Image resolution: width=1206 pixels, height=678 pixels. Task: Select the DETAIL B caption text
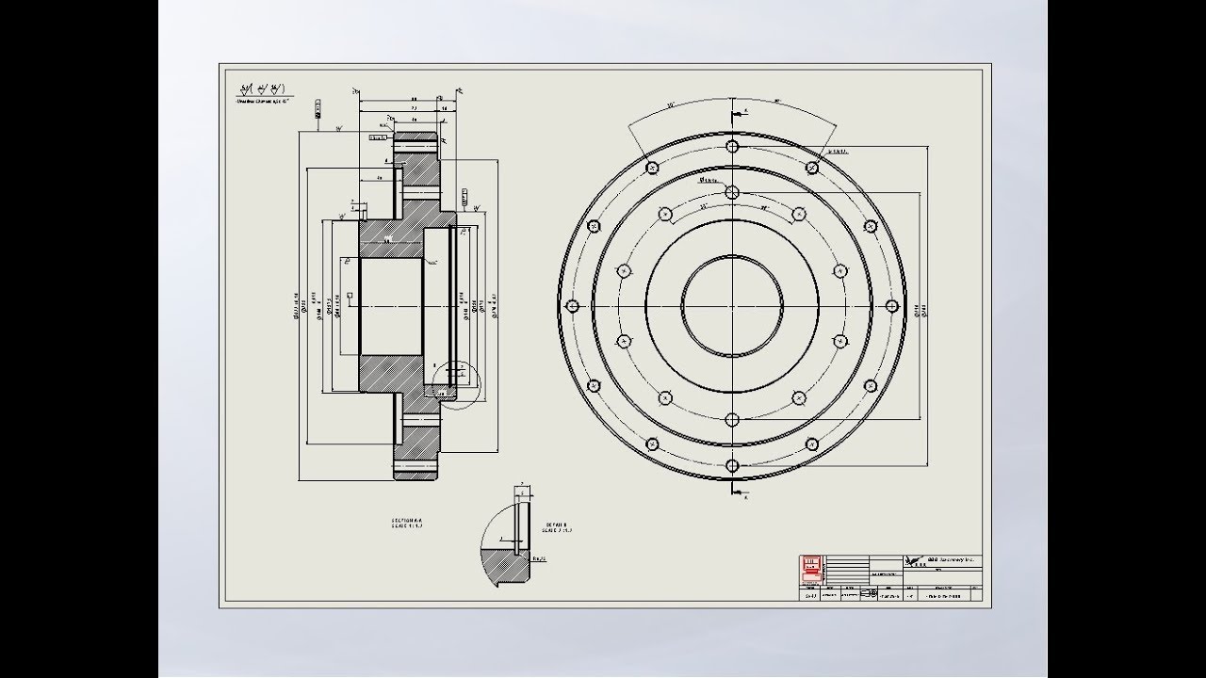(x=557, y=527)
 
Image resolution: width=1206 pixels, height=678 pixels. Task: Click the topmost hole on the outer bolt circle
(x=732, y=146)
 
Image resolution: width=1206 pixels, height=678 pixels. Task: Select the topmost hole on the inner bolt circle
(x=732, y=191)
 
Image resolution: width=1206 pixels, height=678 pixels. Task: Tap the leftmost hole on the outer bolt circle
(x=571, y=306)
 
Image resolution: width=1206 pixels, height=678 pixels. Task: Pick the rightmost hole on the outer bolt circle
(x=892, y=306)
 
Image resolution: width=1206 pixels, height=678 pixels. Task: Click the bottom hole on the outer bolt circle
(x=732, y=465)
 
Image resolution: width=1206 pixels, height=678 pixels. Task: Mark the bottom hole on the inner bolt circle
(x=732, y=420)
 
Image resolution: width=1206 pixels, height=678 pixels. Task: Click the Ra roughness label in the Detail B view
(x=540, y=557)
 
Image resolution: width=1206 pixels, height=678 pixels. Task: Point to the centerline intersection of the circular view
(x=732, y=306)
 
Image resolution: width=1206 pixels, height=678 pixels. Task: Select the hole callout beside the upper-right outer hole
(x=837, y=151)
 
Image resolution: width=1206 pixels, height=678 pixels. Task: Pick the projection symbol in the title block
(x=867, y=594)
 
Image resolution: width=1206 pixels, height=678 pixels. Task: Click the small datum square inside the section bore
(x=350, y=296)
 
